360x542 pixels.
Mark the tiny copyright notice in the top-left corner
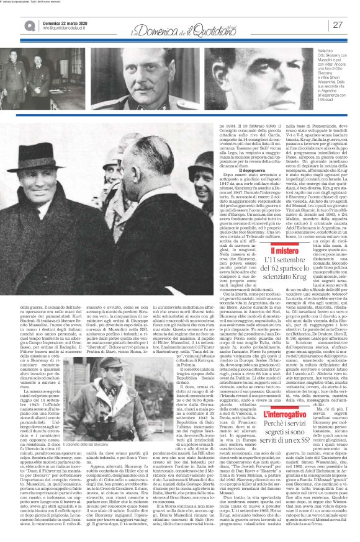[x=32, y=2]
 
